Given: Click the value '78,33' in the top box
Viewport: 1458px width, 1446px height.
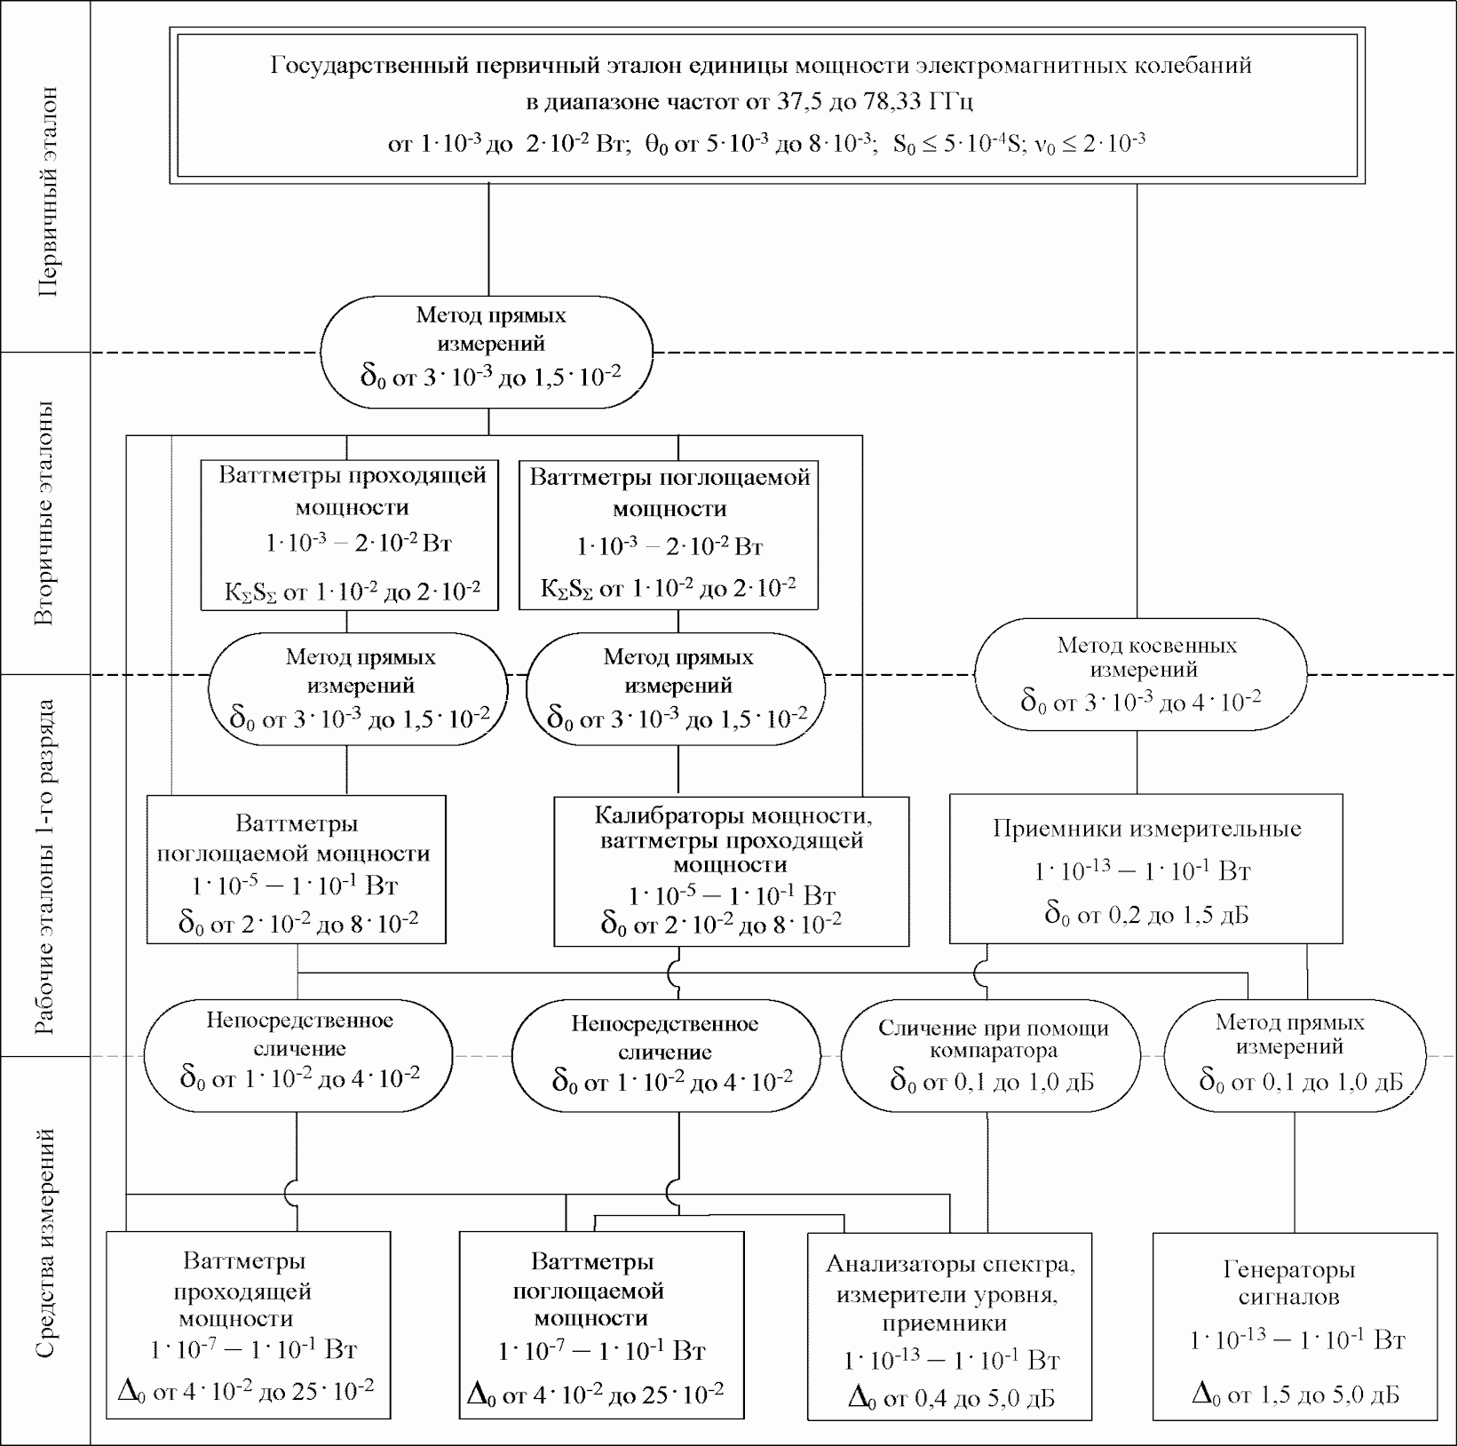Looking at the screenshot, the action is [894, 101].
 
